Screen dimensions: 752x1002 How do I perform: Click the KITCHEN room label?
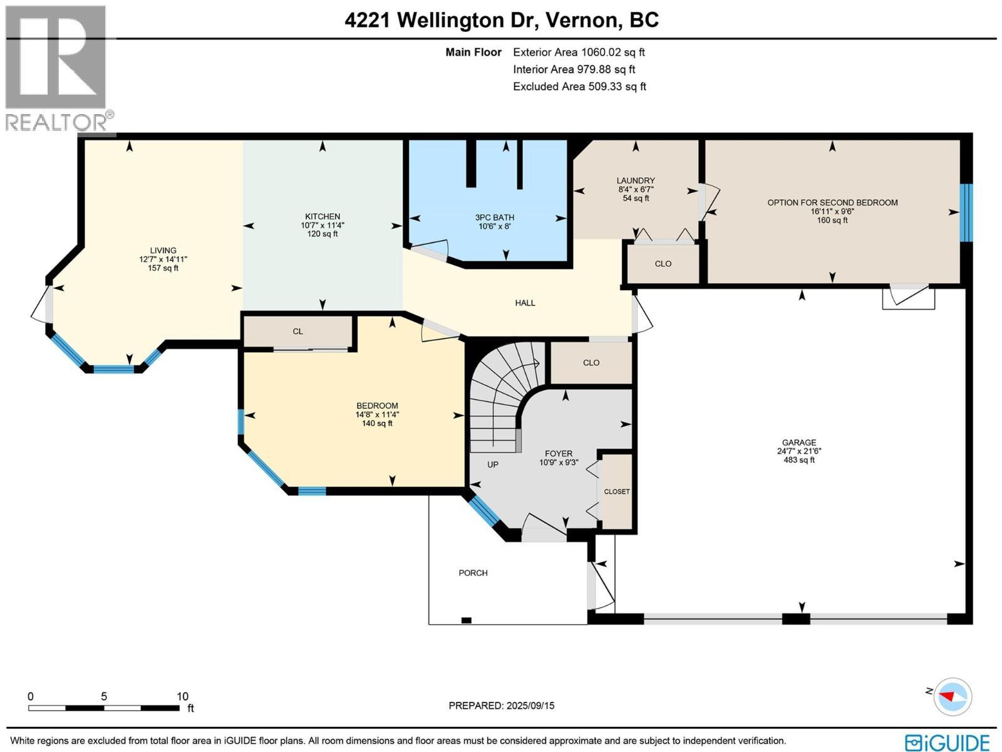tap(323, 217)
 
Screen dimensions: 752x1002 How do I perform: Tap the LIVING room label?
tap(163, 251)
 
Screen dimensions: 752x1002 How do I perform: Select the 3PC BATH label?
tap(494, 217)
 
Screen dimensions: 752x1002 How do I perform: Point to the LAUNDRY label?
tap(636, 180)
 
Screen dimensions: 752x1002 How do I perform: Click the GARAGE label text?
tap(799, 442)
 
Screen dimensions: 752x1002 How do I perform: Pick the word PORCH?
tap(473, 573)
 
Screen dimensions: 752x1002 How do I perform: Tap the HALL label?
tap(525, 303)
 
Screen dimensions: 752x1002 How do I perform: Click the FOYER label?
tap(558, 454)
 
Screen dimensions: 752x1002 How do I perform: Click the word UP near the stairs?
tap(493, 465)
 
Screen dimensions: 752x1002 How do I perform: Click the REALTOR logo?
tap(58, 69)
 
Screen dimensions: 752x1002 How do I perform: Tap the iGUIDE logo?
tap(947, 743)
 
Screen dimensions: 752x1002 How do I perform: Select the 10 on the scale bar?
tap(182, 696)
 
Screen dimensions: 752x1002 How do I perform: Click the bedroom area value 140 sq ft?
tap(377, 424)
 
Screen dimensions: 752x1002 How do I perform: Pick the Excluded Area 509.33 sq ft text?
tap(579, 86)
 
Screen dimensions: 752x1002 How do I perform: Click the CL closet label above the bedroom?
tap(297, 332)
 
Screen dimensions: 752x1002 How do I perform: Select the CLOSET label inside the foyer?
tap(617, 491)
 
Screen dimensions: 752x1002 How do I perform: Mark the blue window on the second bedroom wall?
tap(967, 212)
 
